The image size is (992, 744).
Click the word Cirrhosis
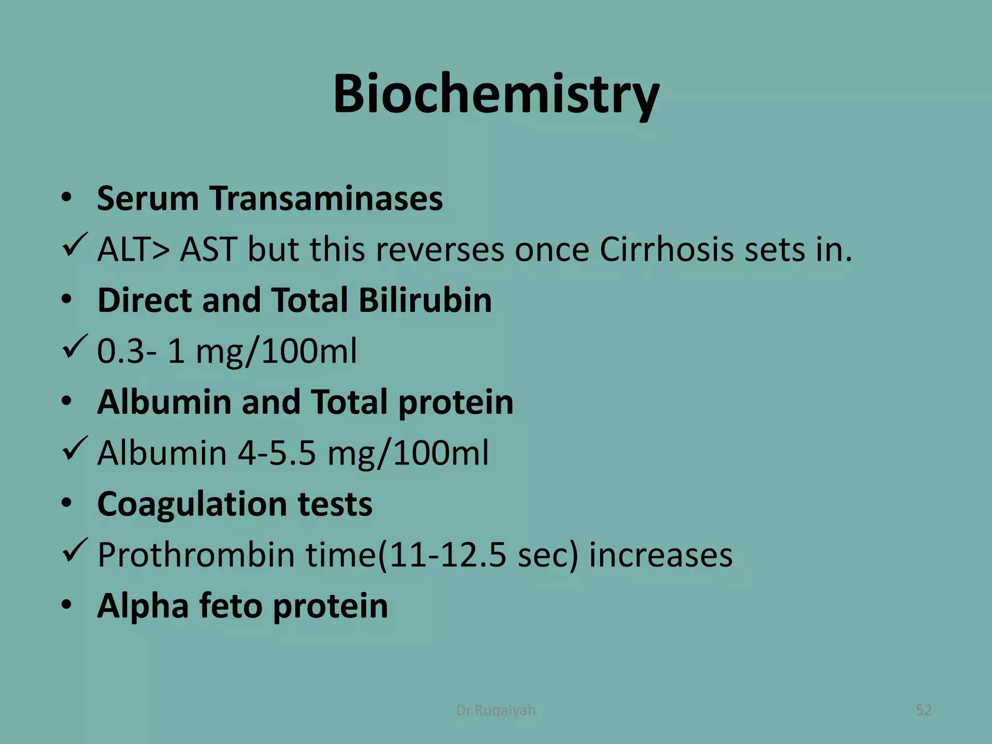(666, 250)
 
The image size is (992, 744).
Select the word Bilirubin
(425, 300)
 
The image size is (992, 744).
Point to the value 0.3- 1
(141, 351)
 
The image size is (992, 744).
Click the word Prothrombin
(196, 555)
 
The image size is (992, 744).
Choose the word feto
(231, 606)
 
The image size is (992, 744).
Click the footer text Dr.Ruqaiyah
(496, 710)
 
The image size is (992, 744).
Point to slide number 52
(924, 710)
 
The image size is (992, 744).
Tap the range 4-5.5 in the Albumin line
(277, 453)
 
